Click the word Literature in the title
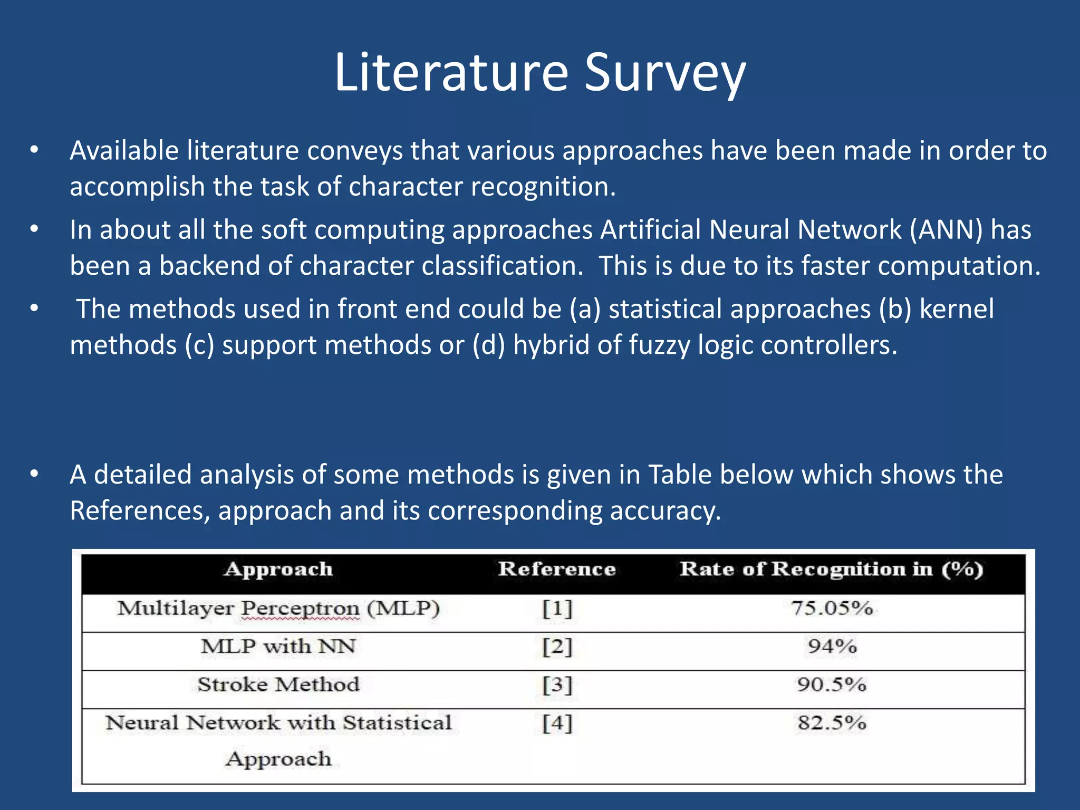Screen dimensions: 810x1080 451,73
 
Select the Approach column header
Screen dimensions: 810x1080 278,570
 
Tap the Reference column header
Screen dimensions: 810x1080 557,570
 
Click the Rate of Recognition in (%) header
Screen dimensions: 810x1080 831,570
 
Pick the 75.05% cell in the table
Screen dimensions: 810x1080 832,609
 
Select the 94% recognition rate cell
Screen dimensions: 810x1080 832,647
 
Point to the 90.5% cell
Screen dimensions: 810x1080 832,684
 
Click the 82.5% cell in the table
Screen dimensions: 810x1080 832,722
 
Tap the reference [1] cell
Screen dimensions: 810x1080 557,609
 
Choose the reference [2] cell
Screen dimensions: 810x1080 557,647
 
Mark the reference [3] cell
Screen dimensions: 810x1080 557,685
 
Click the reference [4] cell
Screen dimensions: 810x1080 557,723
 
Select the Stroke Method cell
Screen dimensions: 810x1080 278,684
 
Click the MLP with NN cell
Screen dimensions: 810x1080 278,647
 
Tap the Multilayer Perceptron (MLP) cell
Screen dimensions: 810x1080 278,609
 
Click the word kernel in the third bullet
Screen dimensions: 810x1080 956,310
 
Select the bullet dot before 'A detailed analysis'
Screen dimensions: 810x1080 35,474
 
